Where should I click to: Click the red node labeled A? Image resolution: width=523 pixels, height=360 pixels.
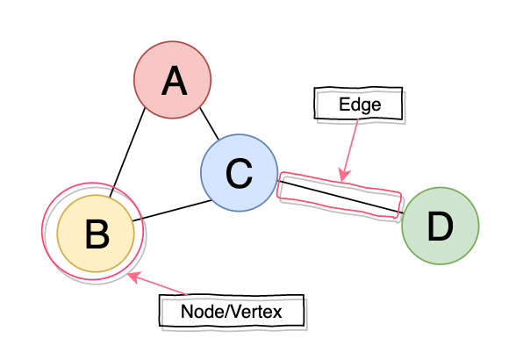173,83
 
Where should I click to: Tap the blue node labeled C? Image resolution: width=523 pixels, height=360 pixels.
239,173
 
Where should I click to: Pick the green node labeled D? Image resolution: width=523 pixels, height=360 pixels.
440,227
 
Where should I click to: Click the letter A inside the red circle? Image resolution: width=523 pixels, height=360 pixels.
174,83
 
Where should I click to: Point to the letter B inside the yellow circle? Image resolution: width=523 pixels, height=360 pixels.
97,234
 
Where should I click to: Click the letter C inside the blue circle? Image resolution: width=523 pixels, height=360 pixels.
239,174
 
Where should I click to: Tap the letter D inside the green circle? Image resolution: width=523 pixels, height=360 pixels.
440,227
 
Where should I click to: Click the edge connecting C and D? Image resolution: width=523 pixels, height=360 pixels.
339,196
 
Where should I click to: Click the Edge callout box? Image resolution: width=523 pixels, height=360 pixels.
359,105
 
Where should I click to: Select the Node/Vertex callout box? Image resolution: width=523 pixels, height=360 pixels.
233,311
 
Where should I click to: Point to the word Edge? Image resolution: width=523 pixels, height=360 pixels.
359,105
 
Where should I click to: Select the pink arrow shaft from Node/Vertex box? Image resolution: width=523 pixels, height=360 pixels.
162,285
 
